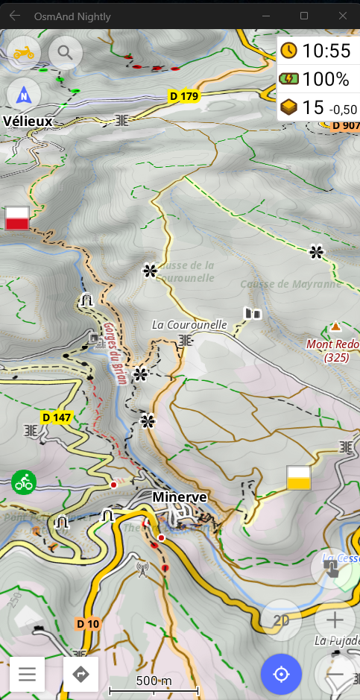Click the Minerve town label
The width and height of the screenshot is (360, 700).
[x=180, y=496]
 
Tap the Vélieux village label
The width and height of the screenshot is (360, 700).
[x=28, y=121]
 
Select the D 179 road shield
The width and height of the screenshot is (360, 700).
[x=183, y=95]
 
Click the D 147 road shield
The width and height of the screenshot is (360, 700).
[x=57, y=417]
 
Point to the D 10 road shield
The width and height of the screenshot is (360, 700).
[x=88, y=623]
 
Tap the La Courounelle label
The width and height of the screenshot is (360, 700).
[x=189, y=324]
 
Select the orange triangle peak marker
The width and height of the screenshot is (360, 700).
[x=335, y=327]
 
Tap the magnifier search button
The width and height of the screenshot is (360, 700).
[x=66, y=52]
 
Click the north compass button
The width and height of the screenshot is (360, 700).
[x=25, y=95]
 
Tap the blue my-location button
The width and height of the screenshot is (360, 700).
[x=281, y=675]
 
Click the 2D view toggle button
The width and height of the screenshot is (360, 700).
[x=281, y=619]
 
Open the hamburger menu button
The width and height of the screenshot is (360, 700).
[x=28, y=675]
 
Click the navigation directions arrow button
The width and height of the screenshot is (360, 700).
[x=81, y=675]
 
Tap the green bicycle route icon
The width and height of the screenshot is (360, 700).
[x=24, y=482]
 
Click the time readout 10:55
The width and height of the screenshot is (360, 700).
[x=318, y=51]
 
